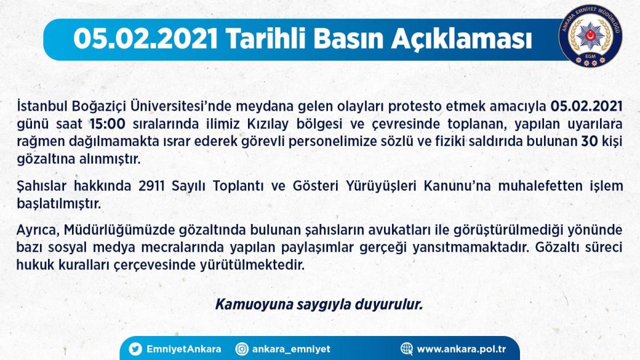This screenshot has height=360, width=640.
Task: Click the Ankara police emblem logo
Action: coord(590,36)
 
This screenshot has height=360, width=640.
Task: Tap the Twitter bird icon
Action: coord(135,349)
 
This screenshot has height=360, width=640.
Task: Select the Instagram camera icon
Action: coord(242,349)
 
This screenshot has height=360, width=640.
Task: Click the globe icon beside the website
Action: coord(406,349)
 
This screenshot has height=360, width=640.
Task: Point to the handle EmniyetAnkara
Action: coord(183,349)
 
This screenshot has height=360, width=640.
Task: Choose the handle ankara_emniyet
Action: coord(291,349)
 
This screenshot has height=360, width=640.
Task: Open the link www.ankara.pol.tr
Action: coord(461,349)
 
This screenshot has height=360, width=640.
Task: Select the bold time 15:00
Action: coord(107,124)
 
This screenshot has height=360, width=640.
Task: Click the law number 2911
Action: coord(151,186)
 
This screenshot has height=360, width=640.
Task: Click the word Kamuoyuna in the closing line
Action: coord(254,305)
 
